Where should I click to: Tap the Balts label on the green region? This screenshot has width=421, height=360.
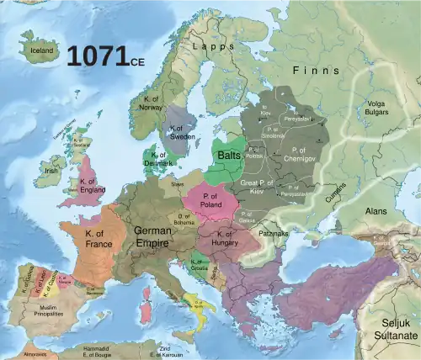tap(229, 156)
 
